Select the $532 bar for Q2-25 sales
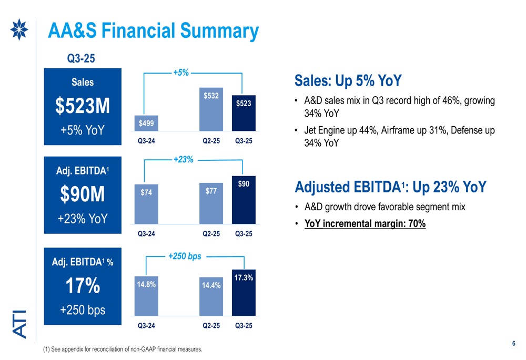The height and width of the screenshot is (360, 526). point(211,109)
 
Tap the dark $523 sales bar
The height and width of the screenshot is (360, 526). point(243,112)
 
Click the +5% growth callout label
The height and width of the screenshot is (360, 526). point(181,73)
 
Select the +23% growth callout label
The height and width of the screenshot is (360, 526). point(184,159)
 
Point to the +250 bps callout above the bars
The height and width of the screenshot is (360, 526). point(185,256)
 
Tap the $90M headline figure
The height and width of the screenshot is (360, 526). point(83,195)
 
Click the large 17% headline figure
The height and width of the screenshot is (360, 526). point(83,286)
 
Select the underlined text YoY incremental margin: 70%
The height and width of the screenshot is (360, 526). point(365,224)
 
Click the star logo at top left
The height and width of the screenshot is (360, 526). point(19,30)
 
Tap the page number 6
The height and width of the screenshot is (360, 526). point(513,343)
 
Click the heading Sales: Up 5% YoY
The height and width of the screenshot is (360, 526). point(348,81)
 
